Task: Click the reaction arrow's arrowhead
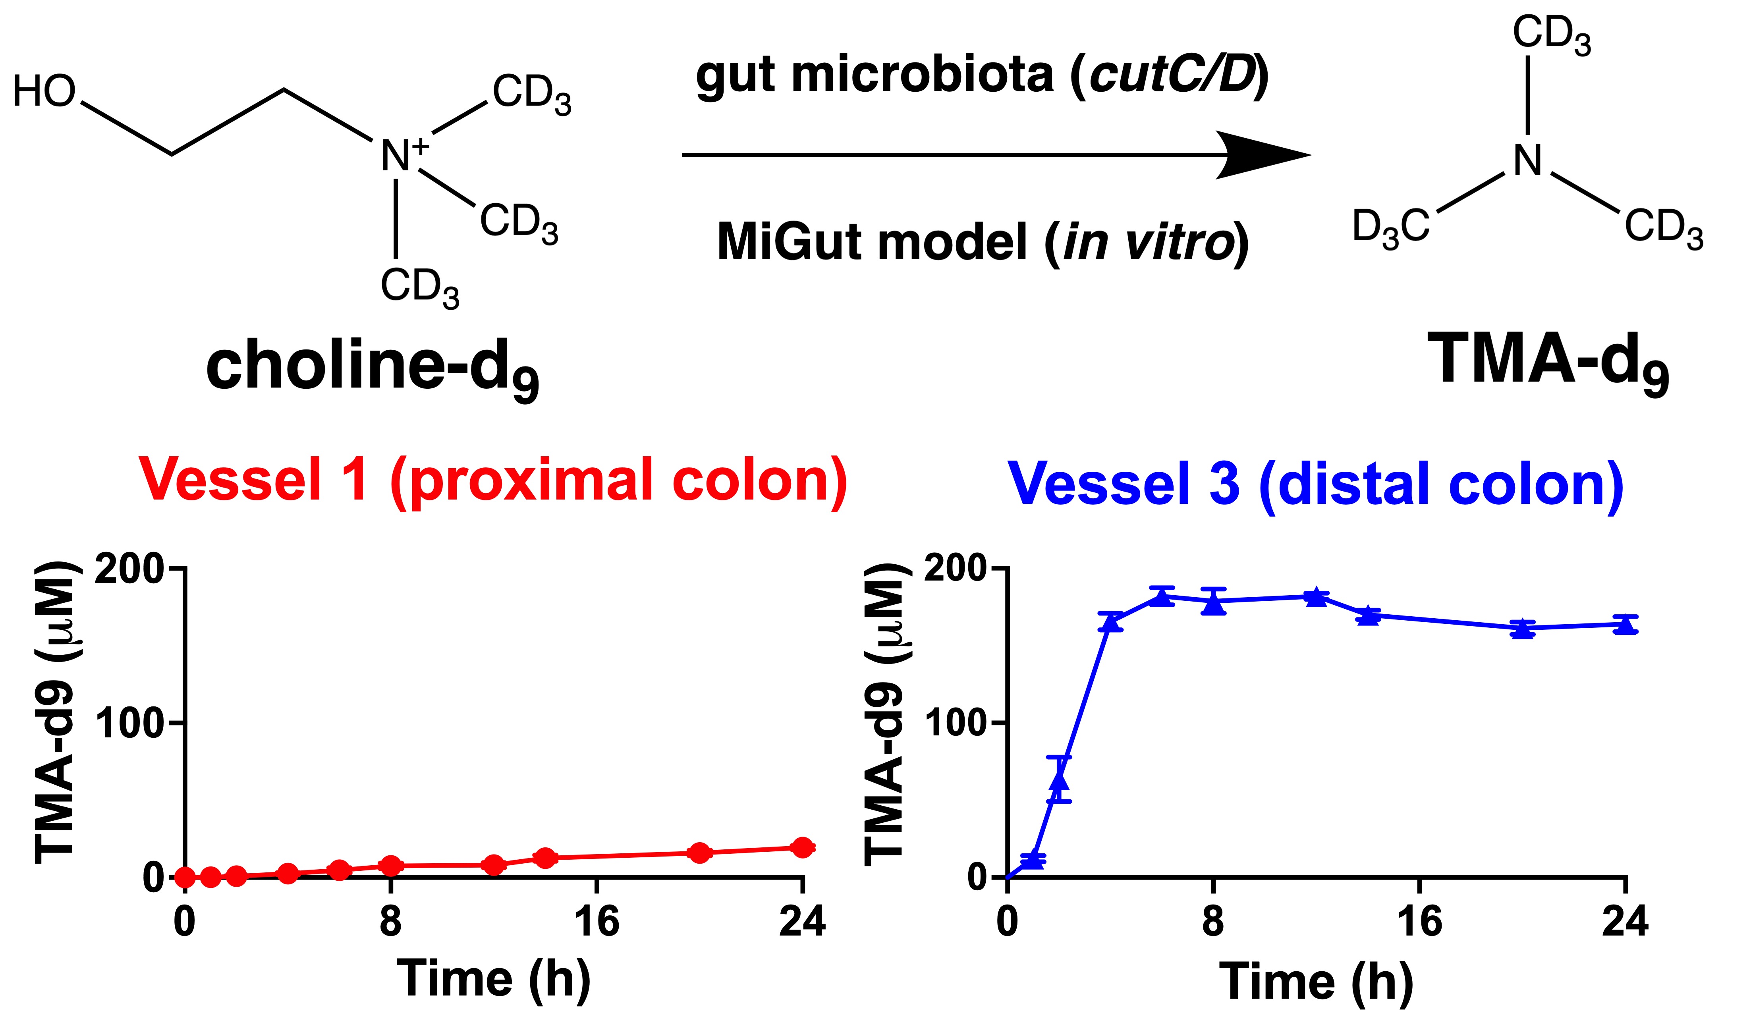click(x=1264, y=155)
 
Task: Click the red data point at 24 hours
click(x=803, y=847)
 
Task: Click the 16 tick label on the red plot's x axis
click(x=597, y=922)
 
